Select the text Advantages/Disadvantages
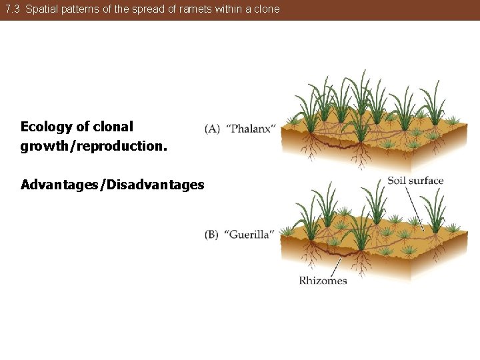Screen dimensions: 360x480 tap(112, 185)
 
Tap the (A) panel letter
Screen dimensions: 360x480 tap(213, 129)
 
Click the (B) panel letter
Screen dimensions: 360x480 tap(212, 235)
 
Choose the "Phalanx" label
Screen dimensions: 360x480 tap(250, 129)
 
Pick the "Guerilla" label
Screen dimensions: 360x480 tap(249, 235)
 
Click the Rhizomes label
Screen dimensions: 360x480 tap(323, 281)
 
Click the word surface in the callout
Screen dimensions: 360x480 tap(426, 181)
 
